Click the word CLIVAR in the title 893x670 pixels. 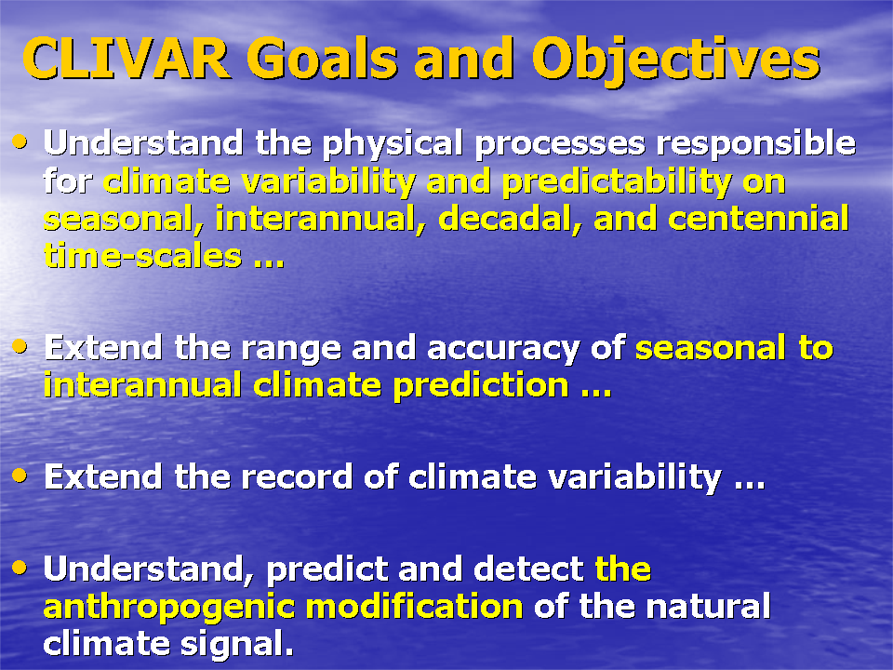pyautogui.click(x=127, y=59)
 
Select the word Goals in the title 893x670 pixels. pyautogui.click(x=322, y=59)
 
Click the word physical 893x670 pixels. pyautogui.click(x=393, y=144)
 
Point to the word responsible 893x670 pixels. pyautogui.click(x=755, y=144)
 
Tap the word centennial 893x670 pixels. pyautogui.click(x=758, y=219)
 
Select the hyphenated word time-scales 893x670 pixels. pyautogui.click(x=143, y=256)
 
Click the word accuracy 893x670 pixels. pyautogui.click(x=503, y=349)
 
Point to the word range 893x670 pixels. pyautogui.click(x=291, y=349)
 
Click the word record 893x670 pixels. pyautogui.click(x=297, y=476)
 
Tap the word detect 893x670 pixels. pyautogui.click(x=528, y=569)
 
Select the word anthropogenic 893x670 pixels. pyautogui.click(x=169, y=608)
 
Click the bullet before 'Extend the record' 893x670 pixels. pyautogui.click(x=20, y=476)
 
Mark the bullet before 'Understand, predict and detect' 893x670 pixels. pyautogui.click(x=20, y=567)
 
